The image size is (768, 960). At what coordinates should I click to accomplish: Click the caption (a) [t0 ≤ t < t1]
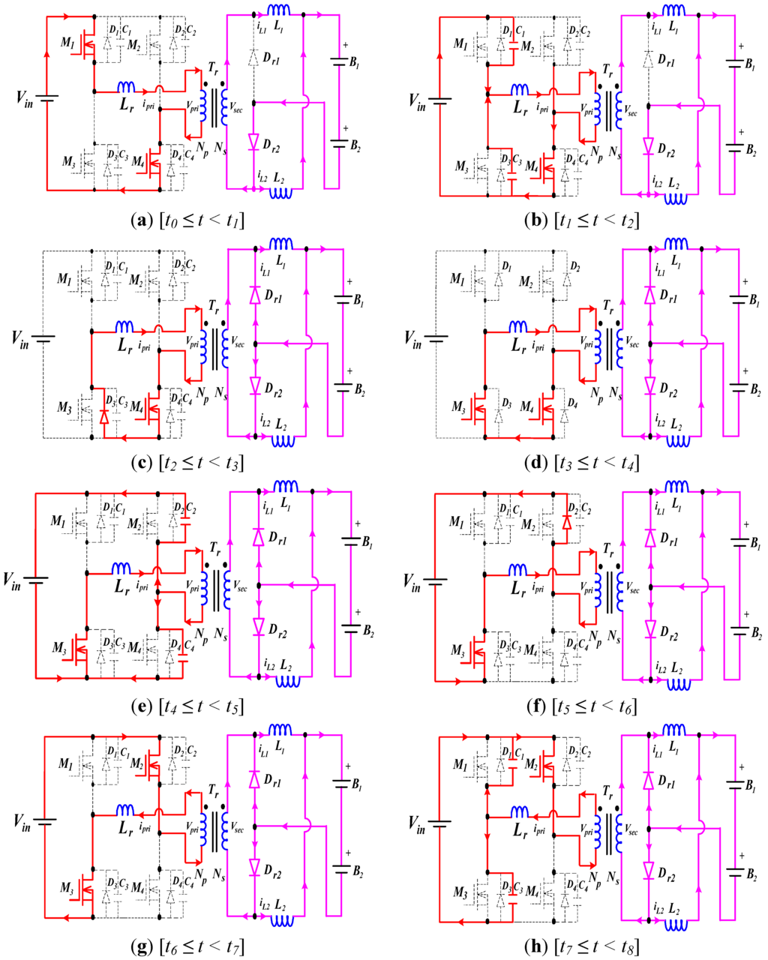tap(187, 220)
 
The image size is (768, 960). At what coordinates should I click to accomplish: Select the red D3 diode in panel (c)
tap(104, 415)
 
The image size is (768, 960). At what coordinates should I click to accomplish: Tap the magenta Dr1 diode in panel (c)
tap(255, 295)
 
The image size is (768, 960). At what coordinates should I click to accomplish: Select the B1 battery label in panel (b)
tap(746, 64)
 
